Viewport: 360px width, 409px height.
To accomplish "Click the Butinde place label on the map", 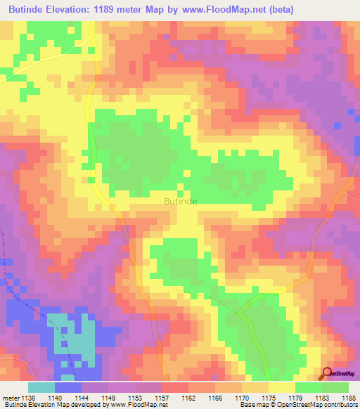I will (x=180, y=201).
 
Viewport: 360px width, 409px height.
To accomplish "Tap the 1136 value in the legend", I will (x=27, y=398).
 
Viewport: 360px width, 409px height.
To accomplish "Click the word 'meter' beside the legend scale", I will (x=11, y=398).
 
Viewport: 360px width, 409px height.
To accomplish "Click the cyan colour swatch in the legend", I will (x=41, y=387).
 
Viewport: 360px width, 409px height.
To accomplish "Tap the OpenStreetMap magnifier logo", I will (x=328, y=373).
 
